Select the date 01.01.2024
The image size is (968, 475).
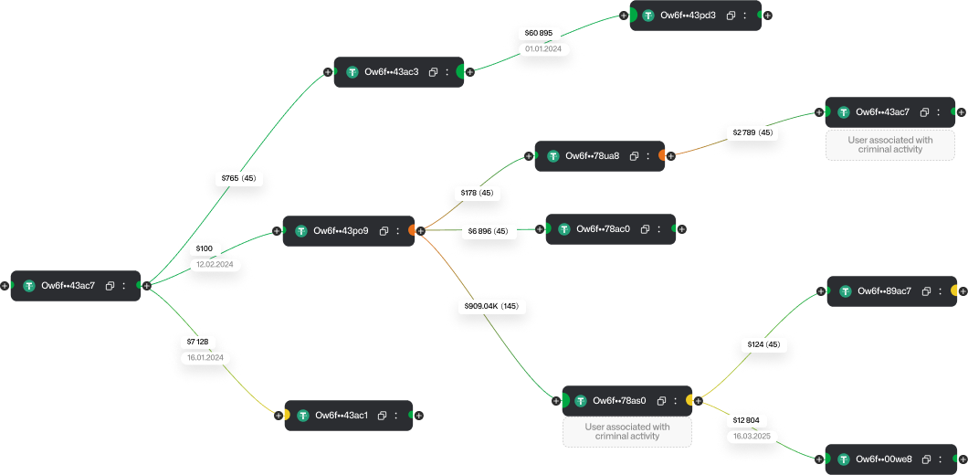point(543,48)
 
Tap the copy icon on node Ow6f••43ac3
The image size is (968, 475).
point(433,71)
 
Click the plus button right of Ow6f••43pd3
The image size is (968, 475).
point(767,16)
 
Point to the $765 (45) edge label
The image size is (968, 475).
point(238,178)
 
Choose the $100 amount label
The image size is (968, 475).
point(205,248)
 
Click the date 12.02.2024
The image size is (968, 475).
point(215,264)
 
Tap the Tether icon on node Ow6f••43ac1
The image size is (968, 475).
point(302,416)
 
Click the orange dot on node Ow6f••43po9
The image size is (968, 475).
point(411,231)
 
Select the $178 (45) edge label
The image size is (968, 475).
point(478,193)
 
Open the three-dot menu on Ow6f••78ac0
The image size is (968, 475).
point(660,228)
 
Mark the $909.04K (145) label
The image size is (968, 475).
point(491,306)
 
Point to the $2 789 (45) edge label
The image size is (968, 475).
point(752,132)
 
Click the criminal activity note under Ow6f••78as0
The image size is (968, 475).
point(627,432)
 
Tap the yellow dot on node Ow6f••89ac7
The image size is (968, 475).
point(953,290)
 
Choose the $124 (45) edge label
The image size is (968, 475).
point(763,344)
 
